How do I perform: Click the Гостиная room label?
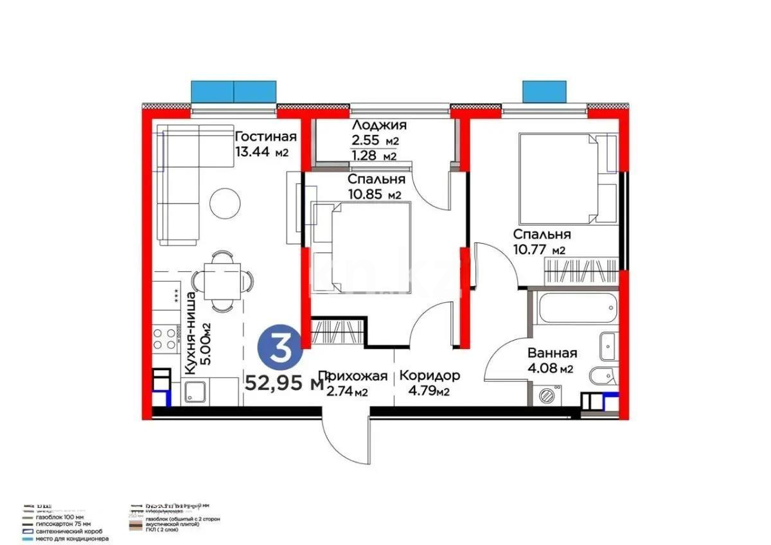tap(265, 137)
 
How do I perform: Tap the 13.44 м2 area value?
tap(261, 153)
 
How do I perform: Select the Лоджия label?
tap(379, 126)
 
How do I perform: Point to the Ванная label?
tap(552, 353)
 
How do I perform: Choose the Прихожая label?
tap(353, 376)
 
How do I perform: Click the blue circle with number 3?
tap(280, 348)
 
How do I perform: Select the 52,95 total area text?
tap(283, 384)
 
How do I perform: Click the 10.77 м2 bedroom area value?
tap(539, 251)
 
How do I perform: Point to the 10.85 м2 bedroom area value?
tap(375, 195)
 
